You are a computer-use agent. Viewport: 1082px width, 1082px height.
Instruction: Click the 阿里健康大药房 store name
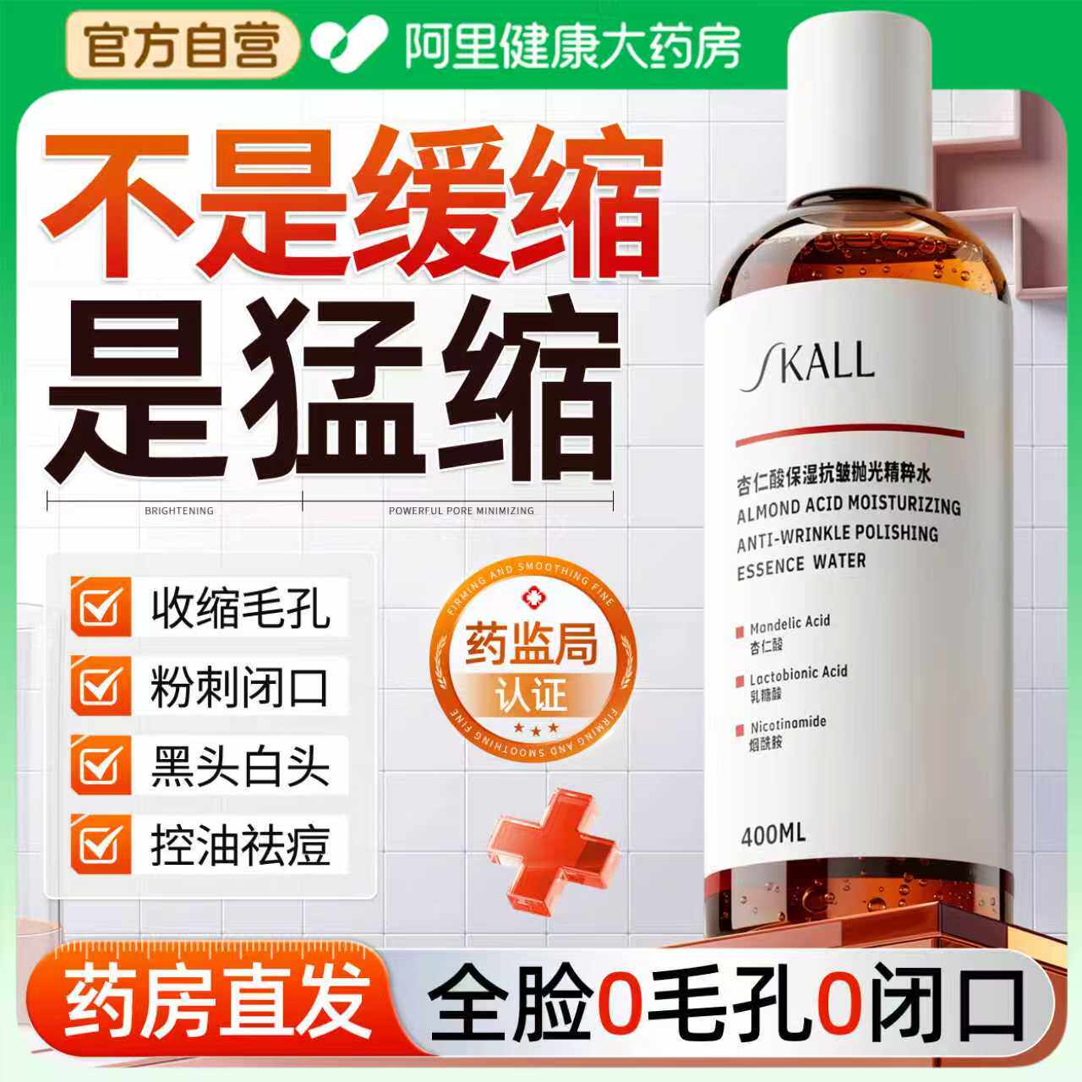[572, 46]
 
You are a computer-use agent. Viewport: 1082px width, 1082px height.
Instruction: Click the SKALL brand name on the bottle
[807, 363]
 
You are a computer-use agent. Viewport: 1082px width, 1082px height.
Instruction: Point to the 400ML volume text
[773, 834]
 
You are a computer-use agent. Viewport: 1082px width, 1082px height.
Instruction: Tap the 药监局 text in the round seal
[531, 644]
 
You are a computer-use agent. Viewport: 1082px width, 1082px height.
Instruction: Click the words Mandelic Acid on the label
[790, 623]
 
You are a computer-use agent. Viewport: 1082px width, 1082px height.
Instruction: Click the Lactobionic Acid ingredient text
[798, 674]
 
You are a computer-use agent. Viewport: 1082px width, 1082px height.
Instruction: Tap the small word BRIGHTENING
[179, 511]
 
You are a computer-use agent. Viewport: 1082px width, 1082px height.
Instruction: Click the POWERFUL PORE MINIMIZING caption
[461, 511]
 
